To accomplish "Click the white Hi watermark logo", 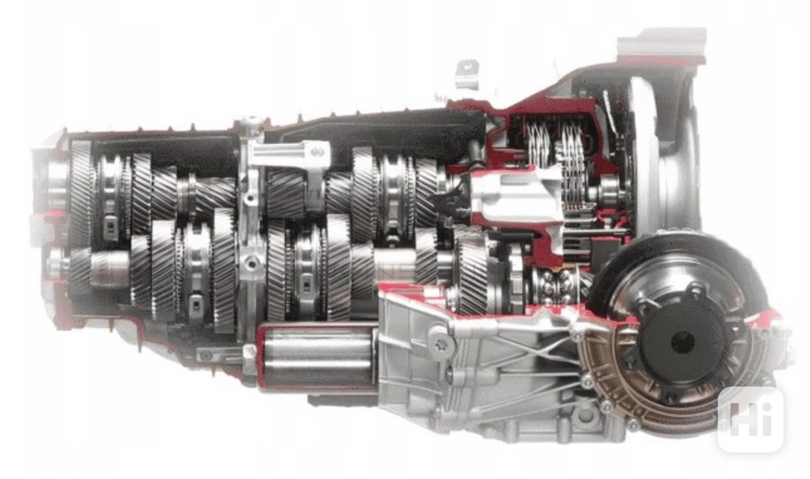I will point(750,419).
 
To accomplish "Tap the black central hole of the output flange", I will point(683,343).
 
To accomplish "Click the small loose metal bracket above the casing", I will point(467,74).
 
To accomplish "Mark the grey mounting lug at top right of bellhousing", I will point(662,44).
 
